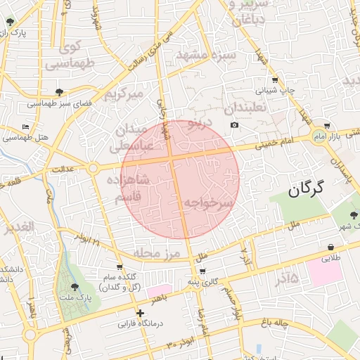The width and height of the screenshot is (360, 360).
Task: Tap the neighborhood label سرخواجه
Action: (208, 203)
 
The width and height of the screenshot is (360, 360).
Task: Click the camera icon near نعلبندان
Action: (234, 125)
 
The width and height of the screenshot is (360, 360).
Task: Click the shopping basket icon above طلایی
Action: (330, 247)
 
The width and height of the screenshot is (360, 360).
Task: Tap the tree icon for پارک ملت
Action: (75, 286)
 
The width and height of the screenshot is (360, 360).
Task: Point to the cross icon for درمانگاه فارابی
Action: (141, 313)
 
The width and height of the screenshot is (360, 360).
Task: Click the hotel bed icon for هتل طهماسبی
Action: (26, 127)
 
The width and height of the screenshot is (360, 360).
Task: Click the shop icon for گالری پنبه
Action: (202, 271)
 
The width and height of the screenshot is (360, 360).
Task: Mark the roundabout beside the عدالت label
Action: (94, 167)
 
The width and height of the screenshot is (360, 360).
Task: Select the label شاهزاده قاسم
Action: (129, 188)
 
